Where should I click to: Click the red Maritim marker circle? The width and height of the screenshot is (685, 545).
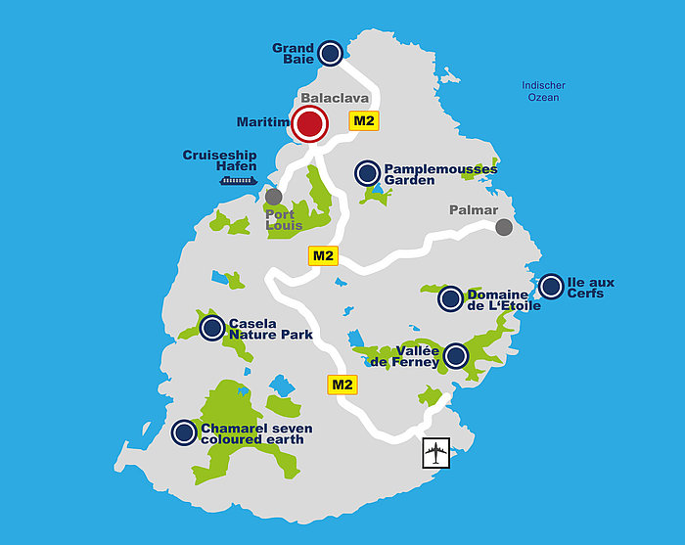tap(310, 124)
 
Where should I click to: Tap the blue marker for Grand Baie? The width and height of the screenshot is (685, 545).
tap(331, 53)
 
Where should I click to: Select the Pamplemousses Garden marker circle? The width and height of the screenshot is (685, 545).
tap(367, 173)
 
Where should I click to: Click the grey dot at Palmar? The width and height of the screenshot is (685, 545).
tap(504, 227)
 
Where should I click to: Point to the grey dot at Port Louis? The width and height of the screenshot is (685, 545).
tap(274, 197)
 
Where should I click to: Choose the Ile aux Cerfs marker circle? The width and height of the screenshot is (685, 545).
tap(551, 287)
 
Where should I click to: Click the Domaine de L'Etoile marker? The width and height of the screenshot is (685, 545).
tap(450, 299)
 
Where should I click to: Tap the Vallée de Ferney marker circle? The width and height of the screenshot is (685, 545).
tap(456, 356)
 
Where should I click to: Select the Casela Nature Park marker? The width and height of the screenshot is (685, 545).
tap(211, 328)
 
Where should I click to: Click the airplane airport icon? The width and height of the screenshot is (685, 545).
tap(435, 453)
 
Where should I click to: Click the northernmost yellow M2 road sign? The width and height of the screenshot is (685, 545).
tap(364, 121)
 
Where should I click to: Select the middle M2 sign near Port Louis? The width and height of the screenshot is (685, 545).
tap(323, 256)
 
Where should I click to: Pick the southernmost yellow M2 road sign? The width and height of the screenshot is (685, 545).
tap(342, 384)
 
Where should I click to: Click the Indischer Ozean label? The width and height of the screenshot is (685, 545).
tap(543, 91)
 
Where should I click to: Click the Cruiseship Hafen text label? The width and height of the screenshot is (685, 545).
tap(220, 160)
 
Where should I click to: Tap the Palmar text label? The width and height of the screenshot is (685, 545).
tap(474, 210)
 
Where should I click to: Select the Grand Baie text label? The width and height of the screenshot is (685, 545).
tap(293, 54)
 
